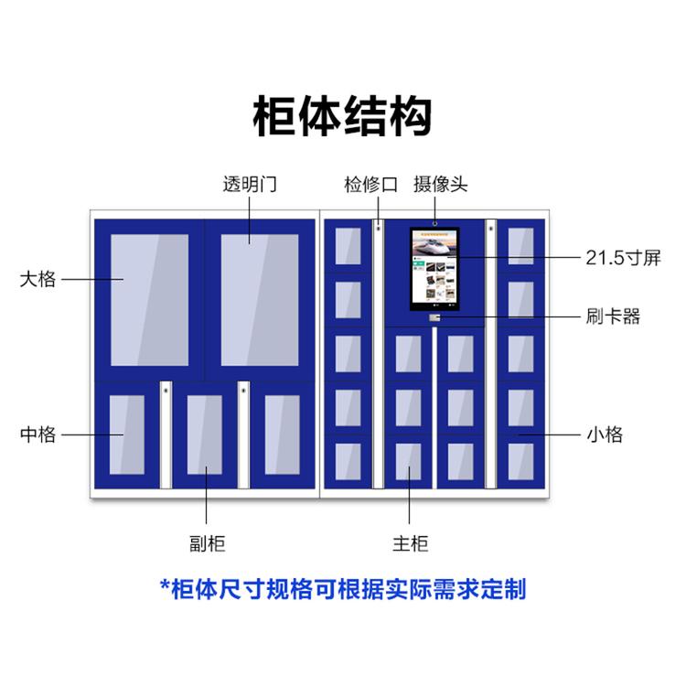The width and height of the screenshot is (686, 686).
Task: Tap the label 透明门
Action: pos(250,184)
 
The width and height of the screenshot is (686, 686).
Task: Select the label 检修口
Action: pos(370,184)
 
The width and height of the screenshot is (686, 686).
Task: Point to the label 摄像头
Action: pos(440,184)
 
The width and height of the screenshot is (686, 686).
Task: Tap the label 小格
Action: pos(604,434)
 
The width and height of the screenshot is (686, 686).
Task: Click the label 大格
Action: pos(38,279)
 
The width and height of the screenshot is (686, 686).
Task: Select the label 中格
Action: pos(38,434)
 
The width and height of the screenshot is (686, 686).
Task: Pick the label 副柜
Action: pos(206,544)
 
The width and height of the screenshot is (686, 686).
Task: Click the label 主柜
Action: pos(410,544)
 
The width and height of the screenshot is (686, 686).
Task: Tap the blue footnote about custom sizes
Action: pos(342,588)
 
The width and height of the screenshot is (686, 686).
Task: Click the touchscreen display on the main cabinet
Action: pos(434,267)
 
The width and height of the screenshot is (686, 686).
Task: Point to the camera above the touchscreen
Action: pos(435,222)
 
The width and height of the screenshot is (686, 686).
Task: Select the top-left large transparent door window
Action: pos(149,299)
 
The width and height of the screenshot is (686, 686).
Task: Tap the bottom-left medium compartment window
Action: pos(127,434)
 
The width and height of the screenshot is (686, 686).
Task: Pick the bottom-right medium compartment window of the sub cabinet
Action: pos(282,434)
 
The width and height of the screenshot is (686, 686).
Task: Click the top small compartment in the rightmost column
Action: pos(520,245)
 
